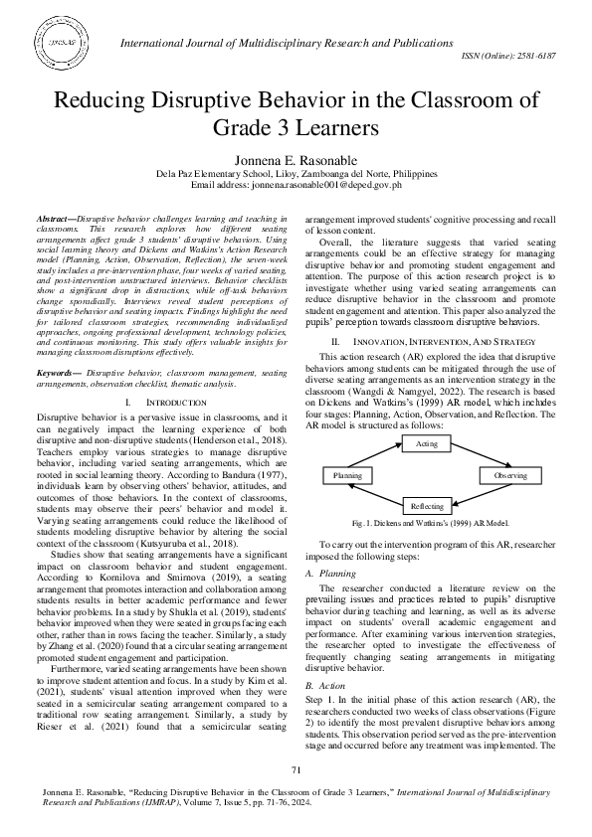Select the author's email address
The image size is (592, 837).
296,184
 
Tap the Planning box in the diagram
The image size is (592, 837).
346,476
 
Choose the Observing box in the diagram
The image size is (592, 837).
510,476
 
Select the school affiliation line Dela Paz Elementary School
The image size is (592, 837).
296,171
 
